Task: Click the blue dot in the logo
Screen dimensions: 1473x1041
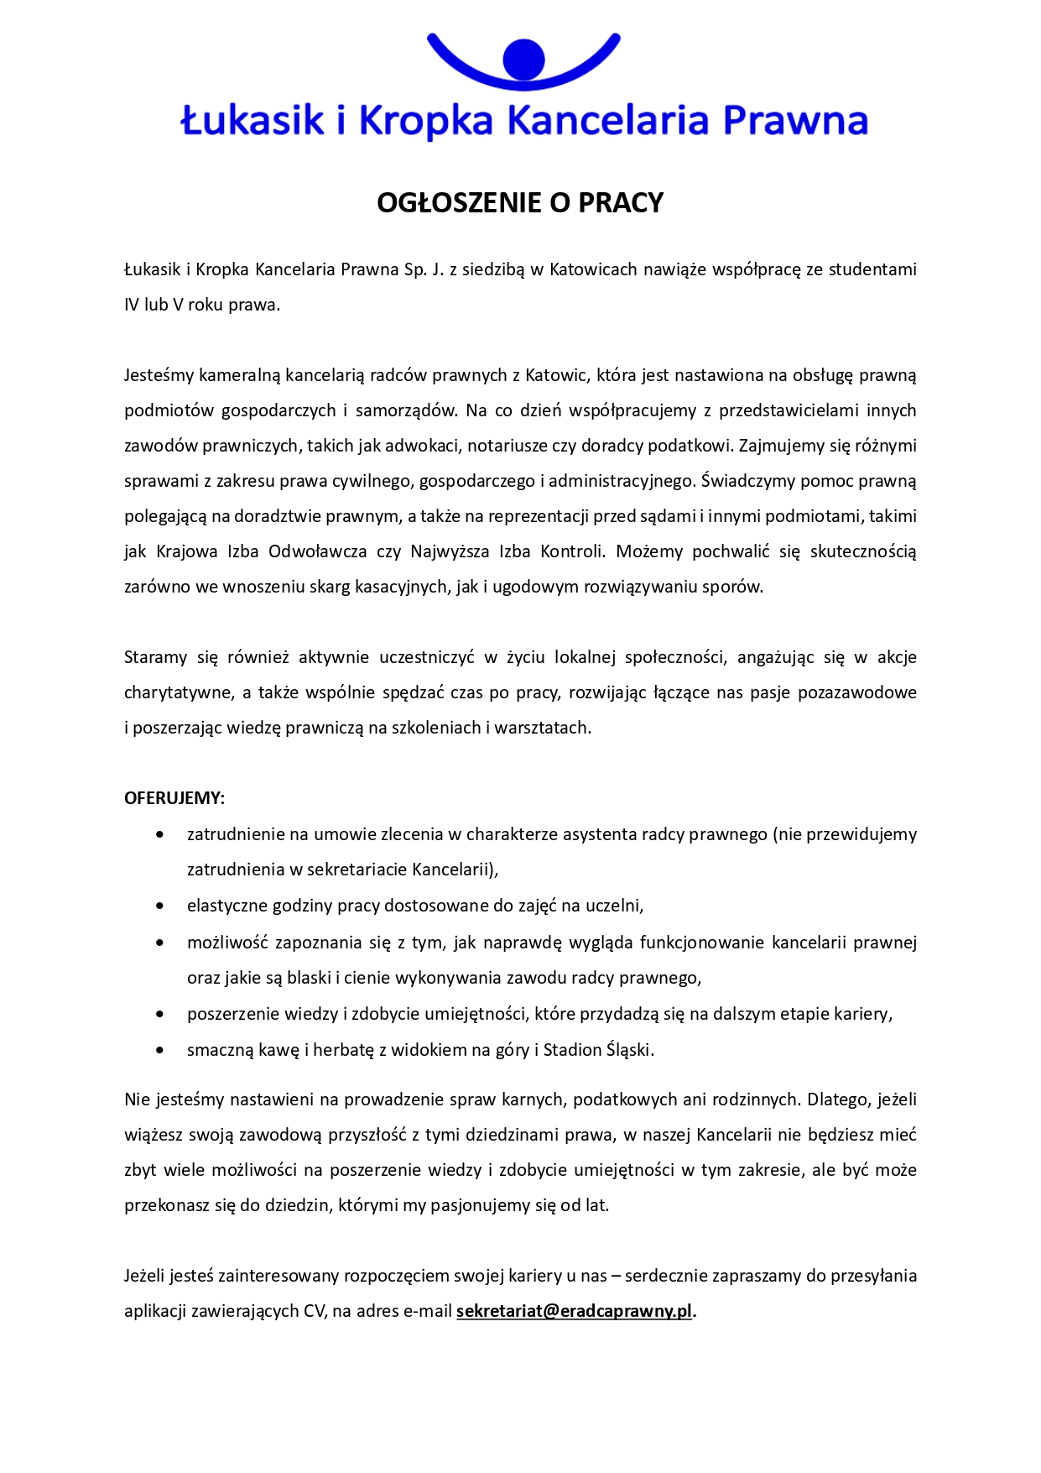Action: click(523, 60)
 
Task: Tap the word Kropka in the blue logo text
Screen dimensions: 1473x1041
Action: click(426, 121)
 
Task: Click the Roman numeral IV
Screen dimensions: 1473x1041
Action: click(132, 305)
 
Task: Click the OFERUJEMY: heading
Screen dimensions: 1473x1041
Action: click(174, 798)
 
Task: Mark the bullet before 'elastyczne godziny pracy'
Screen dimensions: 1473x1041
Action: click(160, 906)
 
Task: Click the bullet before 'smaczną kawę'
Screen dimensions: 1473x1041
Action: click(160, 1051)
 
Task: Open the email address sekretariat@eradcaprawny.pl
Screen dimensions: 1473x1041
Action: click(575, 1311)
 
